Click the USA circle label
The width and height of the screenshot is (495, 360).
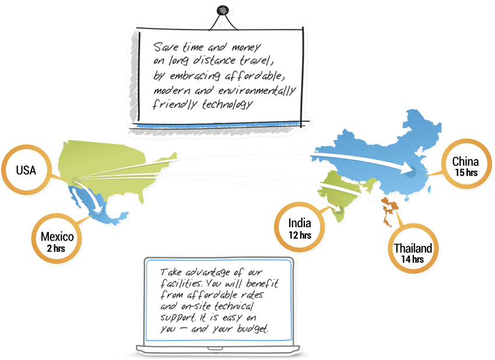pyautogui.click(x=26, y=170)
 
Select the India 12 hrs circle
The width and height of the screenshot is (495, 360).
pyautogui.click(x=300, y=228)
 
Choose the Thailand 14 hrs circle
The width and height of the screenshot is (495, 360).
pyautogui.click(x=412, y=253)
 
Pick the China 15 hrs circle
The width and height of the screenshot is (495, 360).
pyautogui.click(x=465, y=166)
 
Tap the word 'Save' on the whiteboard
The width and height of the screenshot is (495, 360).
pyautogui.click(x=164, y=46)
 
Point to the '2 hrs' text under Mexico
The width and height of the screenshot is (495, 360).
pyautogui.click(x=57, y=248)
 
